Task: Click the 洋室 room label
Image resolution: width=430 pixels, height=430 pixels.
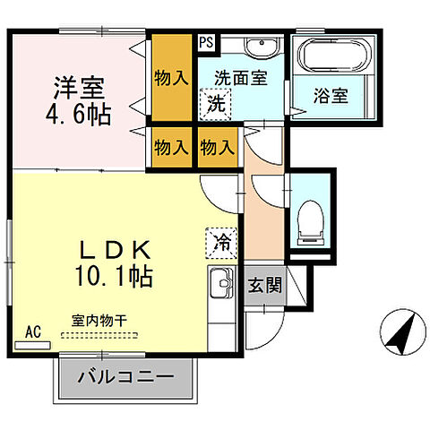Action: pyautogui.click(x=80, y=90)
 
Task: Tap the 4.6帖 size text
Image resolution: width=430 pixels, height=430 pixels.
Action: pyautogui.click(x=80, y=116)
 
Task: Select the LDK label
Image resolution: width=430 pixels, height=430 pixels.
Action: pyautogui.click(x=112, y=248)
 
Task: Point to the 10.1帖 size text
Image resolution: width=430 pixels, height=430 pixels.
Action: pyautogui.click(x=112, y=275)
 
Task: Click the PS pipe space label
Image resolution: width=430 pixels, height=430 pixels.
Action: pyautogui.click(x=206, y=41)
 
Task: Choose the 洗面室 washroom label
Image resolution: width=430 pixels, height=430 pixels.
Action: pyautogui.click(x=239, y=77)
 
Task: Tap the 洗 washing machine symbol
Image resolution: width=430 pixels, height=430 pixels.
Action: pyautogui.click(x=217, y=102)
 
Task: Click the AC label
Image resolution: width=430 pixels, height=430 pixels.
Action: pyautogui.click(x=34, y=331)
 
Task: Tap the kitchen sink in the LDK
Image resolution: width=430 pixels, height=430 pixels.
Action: pyautogui.click(x=219, y=288)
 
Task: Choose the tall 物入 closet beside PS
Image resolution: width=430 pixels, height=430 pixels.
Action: pyautogui.click(x=170, y=76)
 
